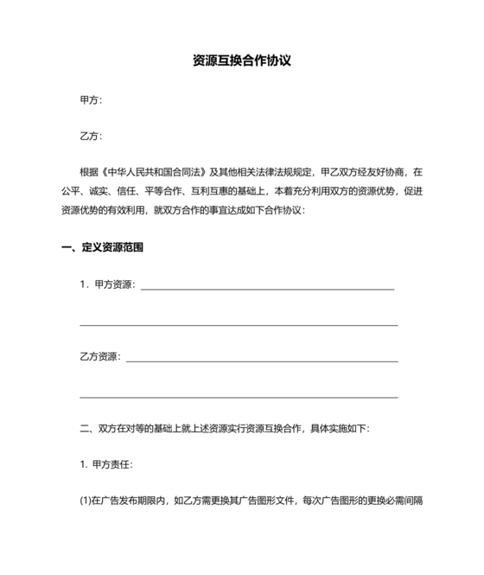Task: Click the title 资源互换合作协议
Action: pos(241,62)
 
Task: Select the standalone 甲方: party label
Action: pos(91,100)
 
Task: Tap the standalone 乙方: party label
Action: pos(91,137)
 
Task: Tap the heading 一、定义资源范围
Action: pos(102,248)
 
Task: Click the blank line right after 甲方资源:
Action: pos(267,287)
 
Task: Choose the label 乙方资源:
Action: pos(100,356)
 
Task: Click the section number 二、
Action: pos(86,428)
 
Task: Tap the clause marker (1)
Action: pos(85,500)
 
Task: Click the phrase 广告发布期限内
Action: pos(135,500)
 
